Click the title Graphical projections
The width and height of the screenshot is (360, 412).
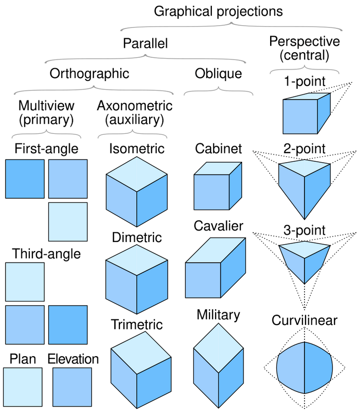218,11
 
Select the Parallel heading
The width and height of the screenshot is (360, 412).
145,44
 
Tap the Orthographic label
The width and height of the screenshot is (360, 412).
89,74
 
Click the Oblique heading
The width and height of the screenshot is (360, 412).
218,74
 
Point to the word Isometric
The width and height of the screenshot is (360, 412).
137,149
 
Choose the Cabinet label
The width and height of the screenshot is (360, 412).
218,149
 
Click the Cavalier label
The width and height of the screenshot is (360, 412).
218,226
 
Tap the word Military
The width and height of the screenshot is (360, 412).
218,315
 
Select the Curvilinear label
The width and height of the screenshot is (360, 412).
304,320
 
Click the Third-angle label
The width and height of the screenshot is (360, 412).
46,254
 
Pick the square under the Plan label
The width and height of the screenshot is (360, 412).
23,387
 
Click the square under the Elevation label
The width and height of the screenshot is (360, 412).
72,387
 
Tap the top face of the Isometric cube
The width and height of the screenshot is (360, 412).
137,174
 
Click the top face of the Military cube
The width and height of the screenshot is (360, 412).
219,348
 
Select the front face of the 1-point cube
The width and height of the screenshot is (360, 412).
300,117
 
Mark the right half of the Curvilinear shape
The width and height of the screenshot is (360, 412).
318,368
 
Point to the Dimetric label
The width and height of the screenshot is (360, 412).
137,237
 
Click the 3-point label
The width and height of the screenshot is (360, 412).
304,230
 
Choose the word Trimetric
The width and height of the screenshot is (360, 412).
137,324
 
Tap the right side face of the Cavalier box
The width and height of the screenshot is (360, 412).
233,268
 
